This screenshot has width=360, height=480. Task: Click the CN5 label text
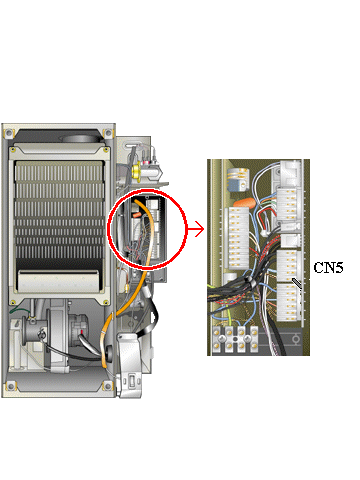tap(328, 267)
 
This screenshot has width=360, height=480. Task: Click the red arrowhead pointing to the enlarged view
tap(199, 229)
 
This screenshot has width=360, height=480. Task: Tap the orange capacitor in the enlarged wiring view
tap(244, 203)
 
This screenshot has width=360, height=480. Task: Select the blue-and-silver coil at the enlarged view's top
tap(238, 179)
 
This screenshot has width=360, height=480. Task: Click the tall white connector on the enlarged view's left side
tap(238, 238)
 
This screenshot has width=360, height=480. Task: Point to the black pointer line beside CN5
tap(297, 283)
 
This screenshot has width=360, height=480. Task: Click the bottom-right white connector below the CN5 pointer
tap(289, 302)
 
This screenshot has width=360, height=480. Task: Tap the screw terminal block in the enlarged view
tap(235, 339)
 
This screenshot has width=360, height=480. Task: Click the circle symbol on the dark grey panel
tap(295, 340)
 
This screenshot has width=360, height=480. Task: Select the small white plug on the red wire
tap(264, 233)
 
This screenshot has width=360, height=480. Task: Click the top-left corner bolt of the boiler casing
tap(9, 133)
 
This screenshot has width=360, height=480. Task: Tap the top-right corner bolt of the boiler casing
tap(108, 133)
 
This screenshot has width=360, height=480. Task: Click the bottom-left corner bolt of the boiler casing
tap(9, 386)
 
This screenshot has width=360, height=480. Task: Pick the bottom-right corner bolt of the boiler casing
tap(108, 386)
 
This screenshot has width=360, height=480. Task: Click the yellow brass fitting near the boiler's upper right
tap(136, 171)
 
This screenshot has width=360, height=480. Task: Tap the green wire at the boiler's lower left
tap(19, 311)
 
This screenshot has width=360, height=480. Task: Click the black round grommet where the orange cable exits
tap(108, 352)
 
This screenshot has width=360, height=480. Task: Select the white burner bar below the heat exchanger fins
tap(58, 280)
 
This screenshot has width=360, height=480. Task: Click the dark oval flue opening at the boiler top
tap(80, 139)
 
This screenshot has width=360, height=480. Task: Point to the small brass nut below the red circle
tap(127, 287)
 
